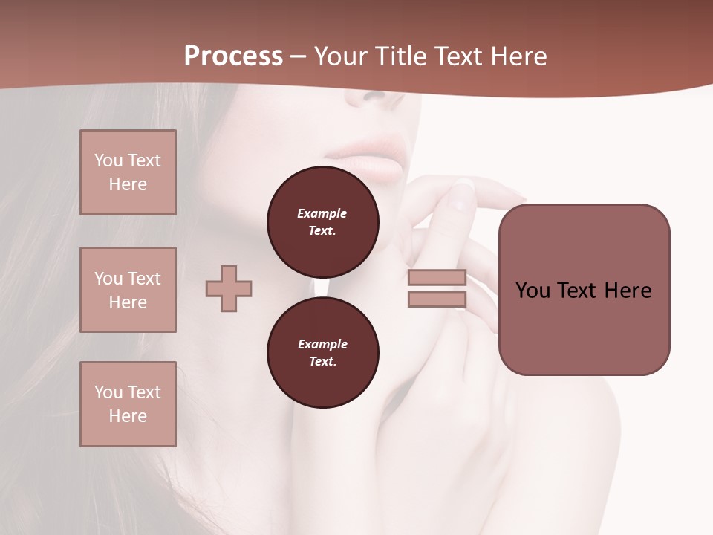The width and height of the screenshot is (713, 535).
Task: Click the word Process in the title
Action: click(x=233, y=56)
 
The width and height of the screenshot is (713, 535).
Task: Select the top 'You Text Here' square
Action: click(x=128, y=172)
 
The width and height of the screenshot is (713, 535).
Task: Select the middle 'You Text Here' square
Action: click(x=128, y=290)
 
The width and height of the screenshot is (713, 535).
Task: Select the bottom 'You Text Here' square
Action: click(x=128, y=404)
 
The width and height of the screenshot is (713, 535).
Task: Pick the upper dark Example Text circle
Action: click(x=323, y=222)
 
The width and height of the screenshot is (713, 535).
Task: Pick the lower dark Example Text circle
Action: click(x=323, y=353)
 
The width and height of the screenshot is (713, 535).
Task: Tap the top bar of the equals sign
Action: click(x=437, y=278)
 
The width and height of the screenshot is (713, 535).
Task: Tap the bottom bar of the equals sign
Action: click(x=437, y=299)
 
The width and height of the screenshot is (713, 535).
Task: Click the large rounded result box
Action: click(x=585, y=290)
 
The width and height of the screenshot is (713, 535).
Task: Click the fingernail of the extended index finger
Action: click(x=463, y=186)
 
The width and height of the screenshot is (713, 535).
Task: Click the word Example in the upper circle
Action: click(x=322, y=213)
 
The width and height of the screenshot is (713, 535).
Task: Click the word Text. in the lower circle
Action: click(x=322, y=362)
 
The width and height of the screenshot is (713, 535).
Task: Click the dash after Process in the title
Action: click(x=299, y=56)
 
